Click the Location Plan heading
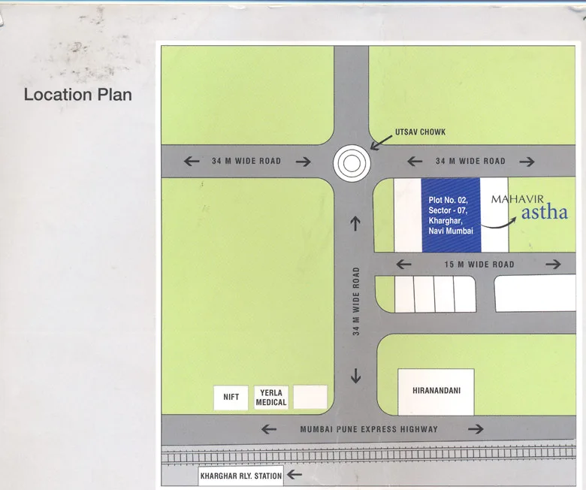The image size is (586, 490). click(77, 95)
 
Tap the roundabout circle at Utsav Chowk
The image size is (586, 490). click(352, 162)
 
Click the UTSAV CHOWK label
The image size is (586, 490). click(420, 132)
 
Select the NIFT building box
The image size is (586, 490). click(231, 397)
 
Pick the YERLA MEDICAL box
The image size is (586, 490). click(271, 397)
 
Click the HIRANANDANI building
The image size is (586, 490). click(435, 391)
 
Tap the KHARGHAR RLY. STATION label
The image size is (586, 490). click(240, 476)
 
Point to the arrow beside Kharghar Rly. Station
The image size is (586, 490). click(295, 475)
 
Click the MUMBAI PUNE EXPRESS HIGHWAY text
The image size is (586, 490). click(369, 429)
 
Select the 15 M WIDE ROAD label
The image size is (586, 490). click(479, 264)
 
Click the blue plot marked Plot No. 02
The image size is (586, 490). click(450, 215)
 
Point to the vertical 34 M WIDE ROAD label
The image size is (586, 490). click(357, 301)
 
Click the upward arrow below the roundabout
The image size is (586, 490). click(355, 223)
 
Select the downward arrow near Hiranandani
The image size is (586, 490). click(355, 376)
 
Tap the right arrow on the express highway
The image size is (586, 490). click(475, 429)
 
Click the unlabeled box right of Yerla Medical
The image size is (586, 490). click(310, 397)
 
